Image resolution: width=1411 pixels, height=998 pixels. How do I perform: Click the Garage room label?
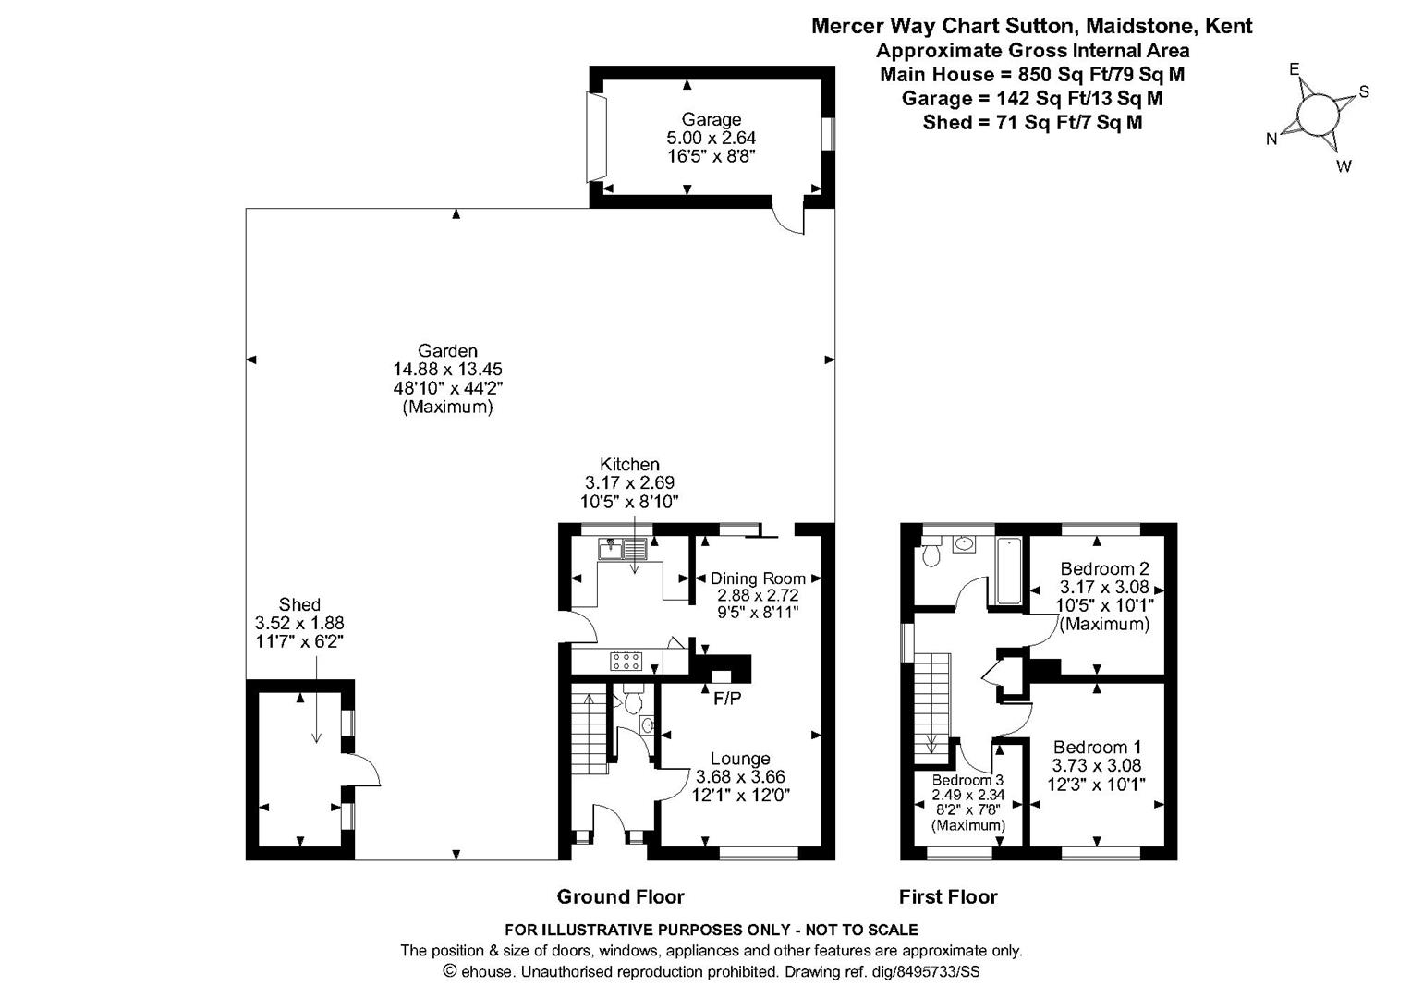click(712, 119)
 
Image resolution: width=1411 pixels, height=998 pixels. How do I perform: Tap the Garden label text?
click(447, 350)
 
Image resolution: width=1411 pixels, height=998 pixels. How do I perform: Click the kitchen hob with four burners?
click(626, 661)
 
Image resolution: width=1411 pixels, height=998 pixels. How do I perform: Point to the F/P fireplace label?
click(726, 699)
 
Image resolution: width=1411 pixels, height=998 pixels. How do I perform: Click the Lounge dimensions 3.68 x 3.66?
click(740, 777)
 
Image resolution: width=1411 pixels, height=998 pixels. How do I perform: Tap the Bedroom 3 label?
click(967, 780)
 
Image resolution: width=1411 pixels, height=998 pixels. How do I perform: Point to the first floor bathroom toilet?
click(931, 554)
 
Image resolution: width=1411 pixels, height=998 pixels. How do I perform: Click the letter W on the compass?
click(1344, 166)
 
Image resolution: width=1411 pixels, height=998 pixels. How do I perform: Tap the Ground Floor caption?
click(620, 896)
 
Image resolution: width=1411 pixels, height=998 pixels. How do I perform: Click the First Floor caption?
click(948, 896)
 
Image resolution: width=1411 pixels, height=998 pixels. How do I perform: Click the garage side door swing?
click(787, 220)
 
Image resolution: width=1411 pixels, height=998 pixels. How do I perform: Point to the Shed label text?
click(299, 605)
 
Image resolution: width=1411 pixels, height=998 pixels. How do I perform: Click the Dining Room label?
click(758, 578)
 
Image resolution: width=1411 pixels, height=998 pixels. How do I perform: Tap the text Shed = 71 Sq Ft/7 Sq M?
click(1032, 123)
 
